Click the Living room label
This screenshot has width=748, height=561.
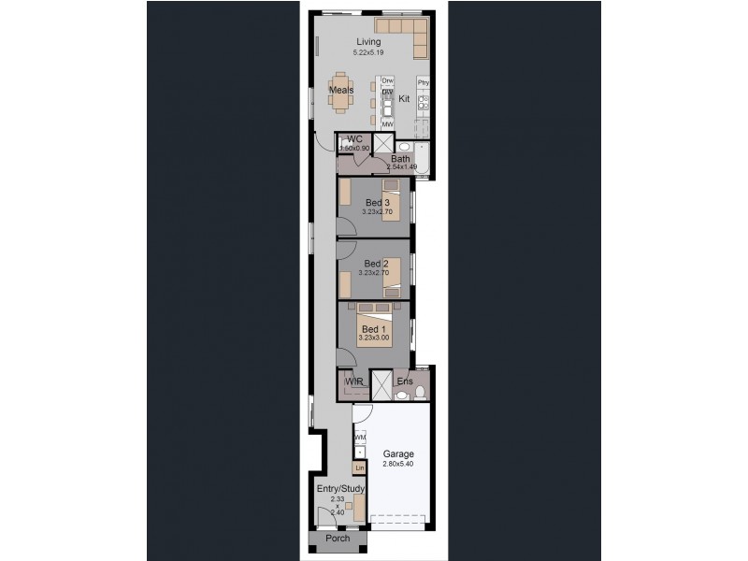tap(368, 42)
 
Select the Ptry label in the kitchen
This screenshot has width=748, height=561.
tap(423, 82)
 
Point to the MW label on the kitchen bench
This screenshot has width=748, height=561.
tap(386, 123)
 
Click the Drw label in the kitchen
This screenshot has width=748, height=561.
tap(386, 81)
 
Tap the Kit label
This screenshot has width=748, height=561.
tap(404, 98)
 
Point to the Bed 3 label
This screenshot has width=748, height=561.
tap(376, 202)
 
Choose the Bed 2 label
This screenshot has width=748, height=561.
tap(376, 264)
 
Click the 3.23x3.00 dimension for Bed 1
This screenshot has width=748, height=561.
tap(375, 338)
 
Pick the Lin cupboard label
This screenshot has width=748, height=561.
tap(359, 467)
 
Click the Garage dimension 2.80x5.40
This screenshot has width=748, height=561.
tap(397, 464)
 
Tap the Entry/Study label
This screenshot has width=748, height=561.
tap(339, 489)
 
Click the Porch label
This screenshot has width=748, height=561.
tap(338, 539)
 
